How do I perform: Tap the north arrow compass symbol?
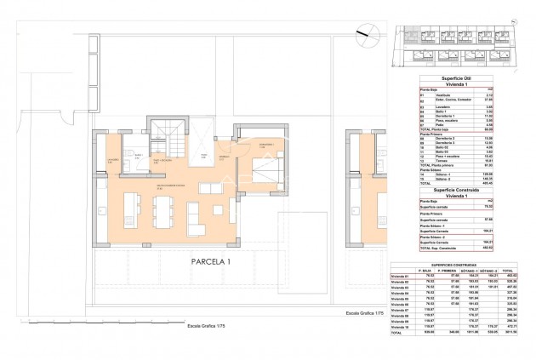pyautogui.click(x=366, y=31)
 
